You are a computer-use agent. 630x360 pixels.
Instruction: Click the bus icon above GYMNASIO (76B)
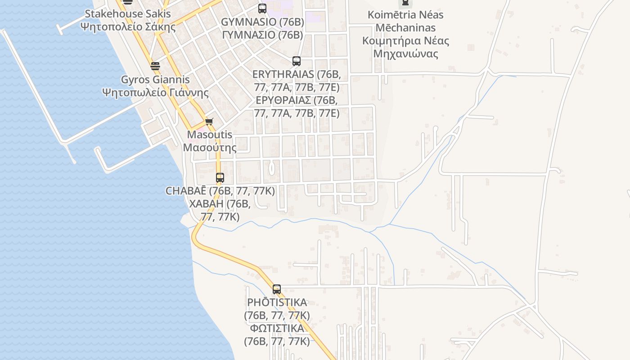(262, 8)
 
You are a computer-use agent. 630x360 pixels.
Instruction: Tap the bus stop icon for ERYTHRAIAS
(297, 61)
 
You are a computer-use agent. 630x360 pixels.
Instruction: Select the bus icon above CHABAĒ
(220, 177)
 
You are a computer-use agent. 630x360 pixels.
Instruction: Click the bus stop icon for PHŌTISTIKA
(277, 289)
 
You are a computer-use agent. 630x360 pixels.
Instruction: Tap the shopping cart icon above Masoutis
(209, 121)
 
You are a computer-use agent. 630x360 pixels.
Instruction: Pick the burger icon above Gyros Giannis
(155, 66)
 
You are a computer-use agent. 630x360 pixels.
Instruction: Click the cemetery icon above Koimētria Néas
(405, 3)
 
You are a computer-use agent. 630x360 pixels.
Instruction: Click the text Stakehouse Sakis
(128, 13)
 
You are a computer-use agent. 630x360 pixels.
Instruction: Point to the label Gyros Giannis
(155, 80)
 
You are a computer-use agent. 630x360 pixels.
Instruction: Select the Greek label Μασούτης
(210, 148)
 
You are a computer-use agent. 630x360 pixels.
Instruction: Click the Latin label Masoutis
(210, 135)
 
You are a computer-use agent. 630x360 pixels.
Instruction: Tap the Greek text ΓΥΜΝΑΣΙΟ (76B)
(262, 35)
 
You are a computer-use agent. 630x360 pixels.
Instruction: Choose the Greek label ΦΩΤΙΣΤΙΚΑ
(277, 328)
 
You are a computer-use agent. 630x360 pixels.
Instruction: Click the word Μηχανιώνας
(406, 54)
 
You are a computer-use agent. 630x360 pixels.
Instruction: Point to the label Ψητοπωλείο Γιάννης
(155, 93)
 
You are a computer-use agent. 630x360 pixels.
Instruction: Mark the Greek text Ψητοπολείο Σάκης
(128, 27)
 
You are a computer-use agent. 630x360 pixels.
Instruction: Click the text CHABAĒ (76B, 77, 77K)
(220, 191)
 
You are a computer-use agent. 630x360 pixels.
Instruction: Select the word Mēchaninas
(405, 27)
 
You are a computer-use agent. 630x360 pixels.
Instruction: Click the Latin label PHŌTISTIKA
(277, 302)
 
